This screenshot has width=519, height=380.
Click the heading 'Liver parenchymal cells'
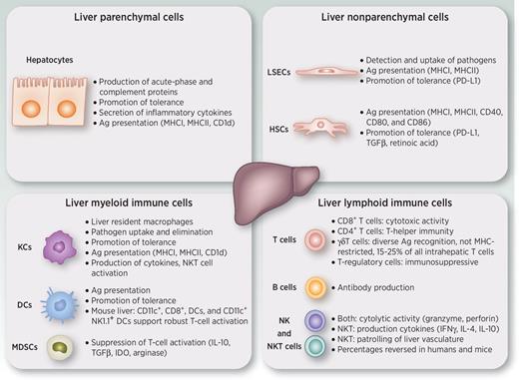click(127, 17)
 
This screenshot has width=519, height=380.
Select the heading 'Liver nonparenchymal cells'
click(390, 17)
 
